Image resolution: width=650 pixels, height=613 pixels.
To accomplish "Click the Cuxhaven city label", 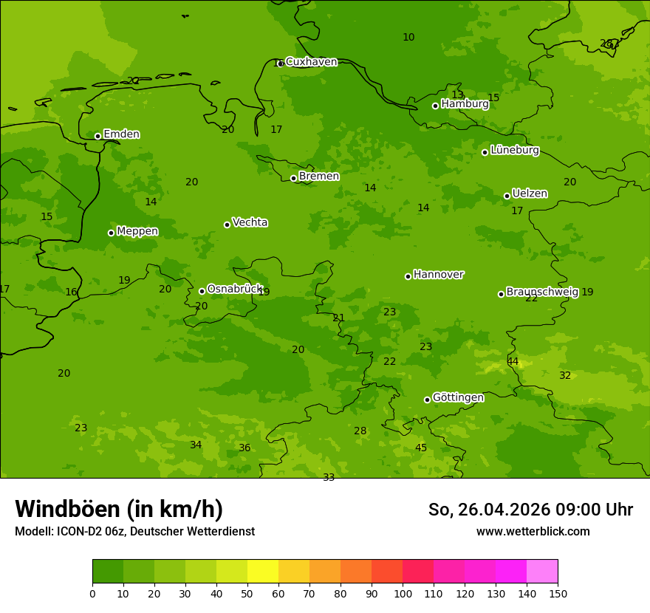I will [311, 62].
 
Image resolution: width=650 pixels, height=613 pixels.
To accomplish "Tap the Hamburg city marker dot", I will [436, 106].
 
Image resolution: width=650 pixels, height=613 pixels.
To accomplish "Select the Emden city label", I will [121, 134].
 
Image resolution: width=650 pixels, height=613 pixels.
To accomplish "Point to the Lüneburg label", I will [514, 151].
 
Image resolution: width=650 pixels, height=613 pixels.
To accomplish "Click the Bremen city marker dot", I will [293, 178].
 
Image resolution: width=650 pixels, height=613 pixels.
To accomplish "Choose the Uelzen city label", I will [530, 194].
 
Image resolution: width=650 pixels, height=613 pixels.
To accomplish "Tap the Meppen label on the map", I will [137, 232].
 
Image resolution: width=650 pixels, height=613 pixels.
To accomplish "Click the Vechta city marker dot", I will [227, 225].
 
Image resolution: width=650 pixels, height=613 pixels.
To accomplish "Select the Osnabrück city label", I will [234, 290].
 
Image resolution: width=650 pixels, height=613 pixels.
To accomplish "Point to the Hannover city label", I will [438, 275].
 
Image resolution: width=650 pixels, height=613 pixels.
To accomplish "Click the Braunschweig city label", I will [542, 292].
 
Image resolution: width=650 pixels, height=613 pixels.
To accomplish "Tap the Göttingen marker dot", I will [427, 400].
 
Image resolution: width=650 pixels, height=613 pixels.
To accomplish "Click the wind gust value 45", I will [421, 448].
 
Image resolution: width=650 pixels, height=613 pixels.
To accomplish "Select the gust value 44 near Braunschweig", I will [513, 362].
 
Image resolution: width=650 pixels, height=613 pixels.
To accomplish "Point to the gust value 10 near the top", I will [408, 38].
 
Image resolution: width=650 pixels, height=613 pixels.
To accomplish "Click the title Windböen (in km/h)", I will [119, 509].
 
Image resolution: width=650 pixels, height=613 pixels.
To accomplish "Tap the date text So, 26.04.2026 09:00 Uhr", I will [530, 510].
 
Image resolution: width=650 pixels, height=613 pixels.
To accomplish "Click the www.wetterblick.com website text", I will [533, 532].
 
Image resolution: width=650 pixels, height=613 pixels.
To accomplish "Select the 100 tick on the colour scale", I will [403, 594].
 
